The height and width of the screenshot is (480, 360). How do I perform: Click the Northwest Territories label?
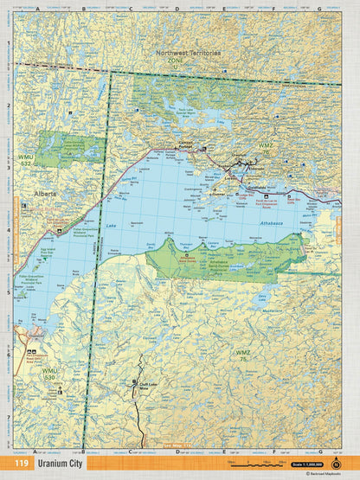189,53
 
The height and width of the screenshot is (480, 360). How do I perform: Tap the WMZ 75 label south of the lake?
245,355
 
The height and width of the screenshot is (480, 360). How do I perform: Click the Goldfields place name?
258,184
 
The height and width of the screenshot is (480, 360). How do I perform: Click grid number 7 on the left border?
9,417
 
